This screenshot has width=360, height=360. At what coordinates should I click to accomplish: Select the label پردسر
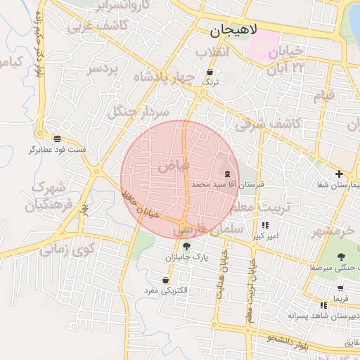[105, 70]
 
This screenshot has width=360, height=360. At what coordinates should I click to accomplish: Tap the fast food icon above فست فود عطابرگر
[57, 139]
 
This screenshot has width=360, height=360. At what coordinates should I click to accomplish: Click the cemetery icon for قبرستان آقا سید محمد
[227, 173]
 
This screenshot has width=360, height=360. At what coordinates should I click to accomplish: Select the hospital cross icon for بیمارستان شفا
[339, 174]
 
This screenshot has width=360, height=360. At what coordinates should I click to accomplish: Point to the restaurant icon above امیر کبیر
[265, 226]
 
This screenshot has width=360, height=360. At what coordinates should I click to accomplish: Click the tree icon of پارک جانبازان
[186, 246]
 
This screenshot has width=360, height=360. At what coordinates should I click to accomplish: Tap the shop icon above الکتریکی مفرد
[165, 279]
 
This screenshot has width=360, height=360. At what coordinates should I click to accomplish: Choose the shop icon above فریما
[341, 287]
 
